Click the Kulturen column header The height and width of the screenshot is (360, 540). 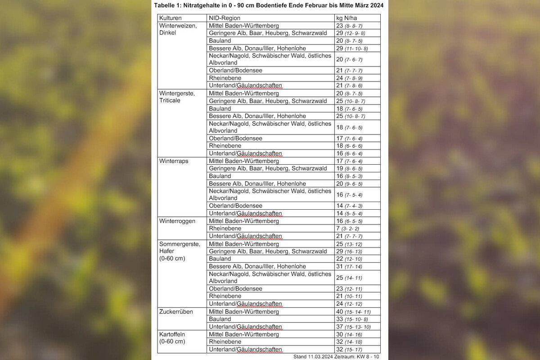(171, 18)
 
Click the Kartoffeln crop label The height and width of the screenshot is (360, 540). (172, 334)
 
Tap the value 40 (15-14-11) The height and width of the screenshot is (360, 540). (353, 311)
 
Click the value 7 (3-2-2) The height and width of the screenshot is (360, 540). (347, 229)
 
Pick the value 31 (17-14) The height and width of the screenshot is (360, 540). (349, 266)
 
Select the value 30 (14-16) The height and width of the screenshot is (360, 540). (349, 334)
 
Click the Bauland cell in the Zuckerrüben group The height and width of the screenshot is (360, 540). (220, 319)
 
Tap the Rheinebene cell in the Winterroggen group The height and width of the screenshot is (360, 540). (225, 229)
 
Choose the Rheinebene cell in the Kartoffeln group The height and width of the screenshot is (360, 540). (225, 342)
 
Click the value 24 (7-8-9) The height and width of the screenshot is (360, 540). (349, 78)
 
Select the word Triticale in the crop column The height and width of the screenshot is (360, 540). (170, 100)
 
